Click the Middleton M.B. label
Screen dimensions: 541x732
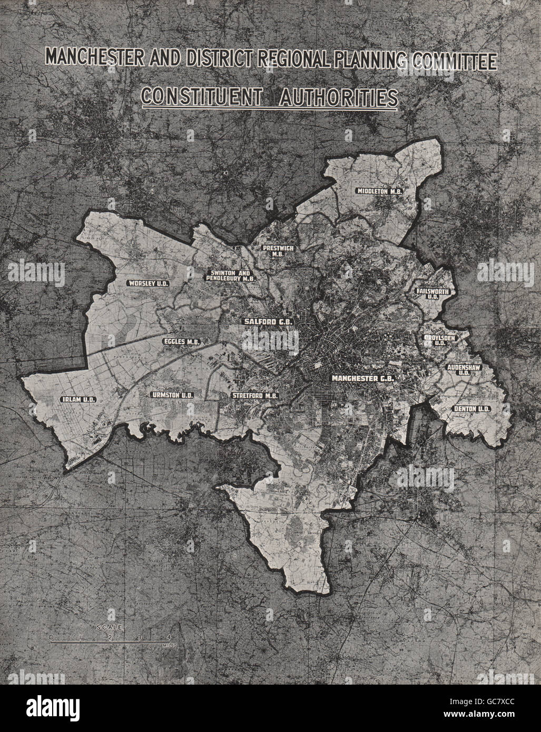point(379,191)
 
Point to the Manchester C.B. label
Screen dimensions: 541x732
point(362,378)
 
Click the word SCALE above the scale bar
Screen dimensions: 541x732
point(109,628)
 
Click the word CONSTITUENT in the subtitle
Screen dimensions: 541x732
point(198,97)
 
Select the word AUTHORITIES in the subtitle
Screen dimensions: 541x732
point(330,97)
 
